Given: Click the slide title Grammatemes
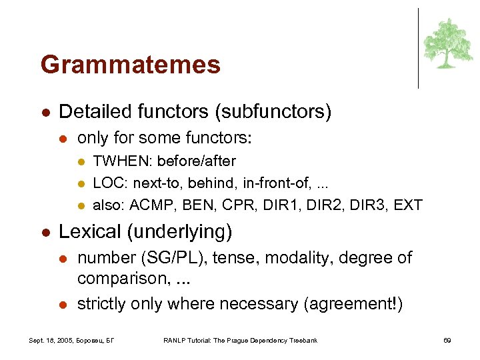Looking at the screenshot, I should (130, 65).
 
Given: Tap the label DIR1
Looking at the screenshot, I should (280, 205).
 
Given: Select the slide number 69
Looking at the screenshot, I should (447, 341).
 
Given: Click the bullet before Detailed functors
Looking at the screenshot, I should (44, 112).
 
